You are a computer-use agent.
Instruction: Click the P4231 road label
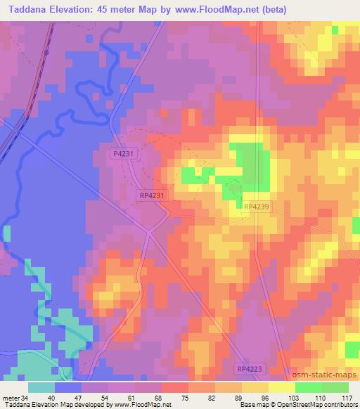coord(123,152)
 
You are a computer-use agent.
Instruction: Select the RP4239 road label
coord(257,206)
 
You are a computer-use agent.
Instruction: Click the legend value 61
coord(132,396)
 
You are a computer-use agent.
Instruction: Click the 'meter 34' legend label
coord(14,396)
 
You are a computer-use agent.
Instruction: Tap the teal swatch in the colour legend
coord(41,387)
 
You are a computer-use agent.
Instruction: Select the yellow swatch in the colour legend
coord(281,387)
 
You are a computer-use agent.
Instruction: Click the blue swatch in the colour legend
coord(68,387)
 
